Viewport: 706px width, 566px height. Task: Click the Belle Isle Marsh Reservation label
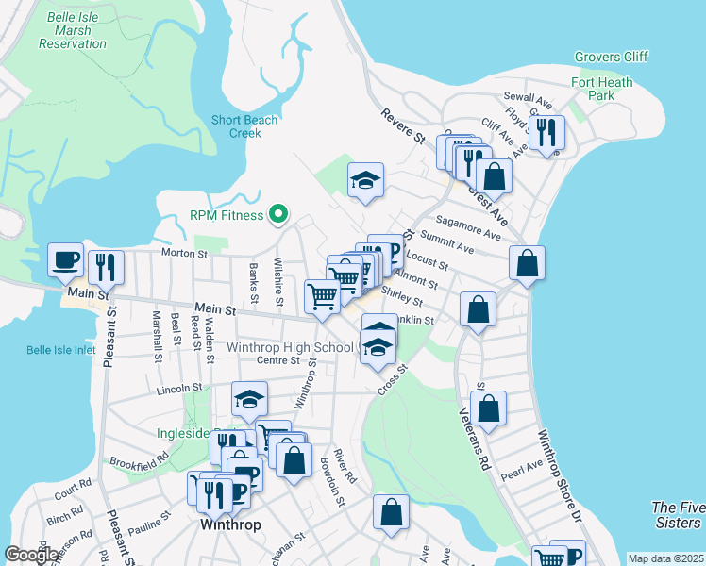[x=73, y=30]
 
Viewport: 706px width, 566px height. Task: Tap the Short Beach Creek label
[x=235, y=126]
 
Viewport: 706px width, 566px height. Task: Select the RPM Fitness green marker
[x=277, y=215]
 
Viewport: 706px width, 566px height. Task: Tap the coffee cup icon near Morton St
[x=66, y=259]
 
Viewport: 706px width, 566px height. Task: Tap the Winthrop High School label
[x=290, y=347]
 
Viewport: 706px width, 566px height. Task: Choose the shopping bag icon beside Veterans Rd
[x=488, y=408]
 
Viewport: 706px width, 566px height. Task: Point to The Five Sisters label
[x=677, y=515]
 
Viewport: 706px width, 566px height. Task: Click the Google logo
[x=31, y=555]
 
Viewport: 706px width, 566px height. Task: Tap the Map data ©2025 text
[x=664, y=558]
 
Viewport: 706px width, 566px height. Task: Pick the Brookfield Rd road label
[x=138, y=460]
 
